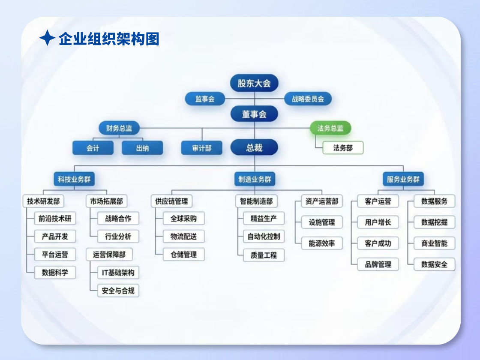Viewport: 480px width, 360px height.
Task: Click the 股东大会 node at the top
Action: click(x=254, y=83)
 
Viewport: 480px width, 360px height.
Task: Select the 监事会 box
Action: click(x=204, y=99)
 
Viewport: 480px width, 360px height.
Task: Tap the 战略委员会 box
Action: click(x=308, y=99)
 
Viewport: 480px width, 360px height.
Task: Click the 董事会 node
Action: click(x=254, y=114)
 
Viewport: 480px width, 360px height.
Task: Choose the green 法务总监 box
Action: click(x=330, y=128)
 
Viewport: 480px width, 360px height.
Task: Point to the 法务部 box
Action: click(x=343, y=148)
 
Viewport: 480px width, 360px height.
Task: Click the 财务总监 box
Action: click(x=119, y=128)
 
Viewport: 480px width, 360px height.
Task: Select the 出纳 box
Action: click(x=142, y=148)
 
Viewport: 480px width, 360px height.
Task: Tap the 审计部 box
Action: click(x=202, y=148)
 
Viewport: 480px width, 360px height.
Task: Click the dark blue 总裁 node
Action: click(x=254, y=147)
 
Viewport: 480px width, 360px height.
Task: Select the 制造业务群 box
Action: click(x=255, y=179)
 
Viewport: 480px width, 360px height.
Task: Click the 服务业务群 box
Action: click(x=403, y=179)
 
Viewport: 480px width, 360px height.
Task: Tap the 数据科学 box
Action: click(x=55, y=272)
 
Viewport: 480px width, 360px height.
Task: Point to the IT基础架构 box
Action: click(x=118, y=272)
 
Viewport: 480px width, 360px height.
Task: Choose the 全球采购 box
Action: click(x=183, y=218)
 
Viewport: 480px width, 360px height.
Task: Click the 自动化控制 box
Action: click(x=264, y=236)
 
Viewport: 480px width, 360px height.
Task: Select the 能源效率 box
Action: click(x=322, y=243)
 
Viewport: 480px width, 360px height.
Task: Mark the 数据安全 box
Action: click(x=434, y=264)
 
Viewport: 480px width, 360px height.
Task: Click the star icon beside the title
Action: click(x=47, y=39)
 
